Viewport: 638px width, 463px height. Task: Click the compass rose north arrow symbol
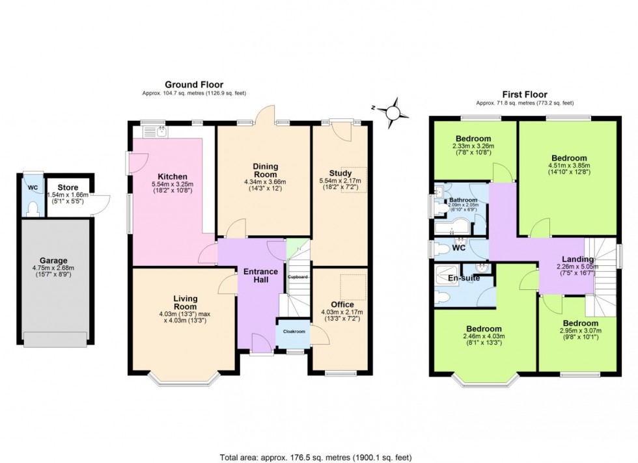coord(392,112)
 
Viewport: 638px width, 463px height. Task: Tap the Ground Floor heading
coord(193,85)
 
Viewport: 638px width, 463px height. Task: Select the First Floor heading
coord(524,94)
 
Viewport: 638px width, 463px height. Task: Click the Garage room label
coord(54,260)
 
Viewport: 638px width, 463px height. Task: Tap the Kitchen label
coord(172,176)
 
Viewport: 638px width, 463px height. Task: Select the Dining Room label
coord(264,170)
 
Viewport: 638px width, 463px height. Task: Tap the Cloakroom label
coord(294,332)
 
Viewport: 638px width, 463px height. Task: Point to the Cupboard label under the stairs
coord(298,277)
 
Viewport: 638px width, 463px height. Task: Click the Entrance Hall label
coord(260,276)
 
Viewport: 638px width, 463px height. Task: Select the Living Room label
coord(185,303)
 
